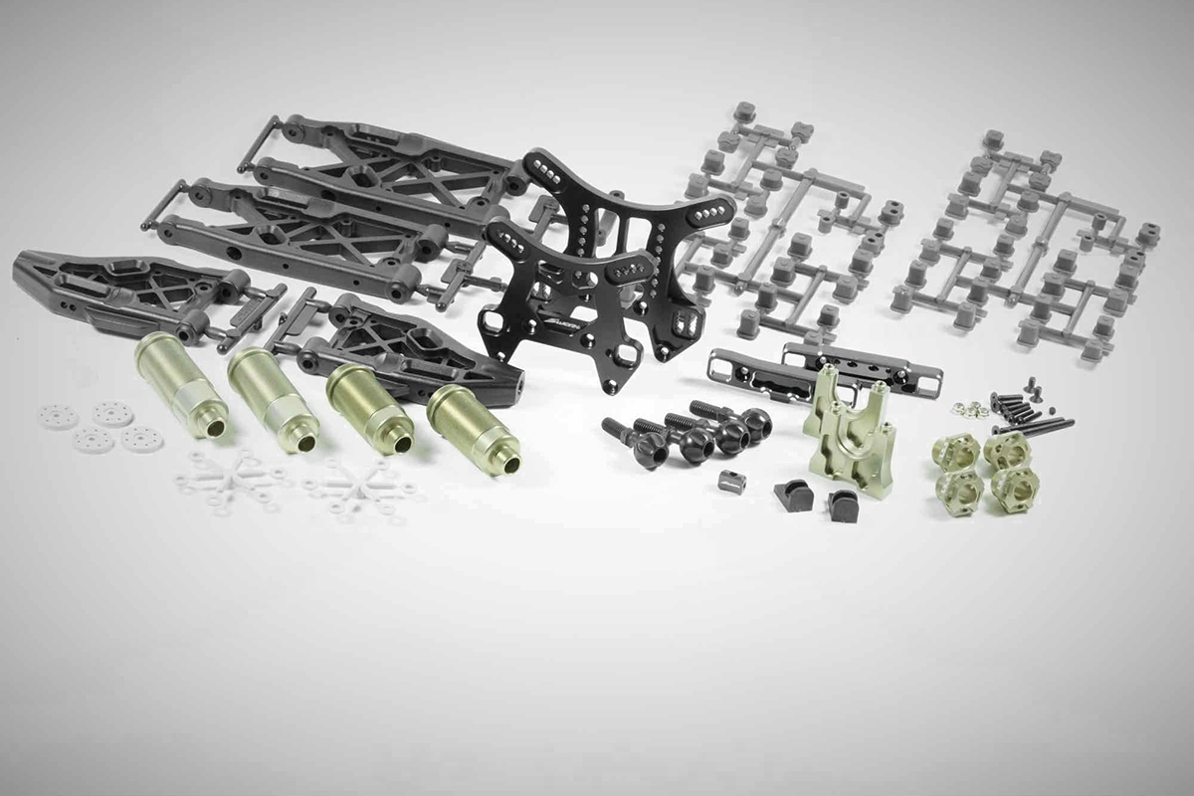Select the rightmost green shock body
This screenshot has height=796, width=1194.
point(472,428)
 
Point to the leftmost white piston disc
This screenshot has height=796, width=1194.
point(57,416)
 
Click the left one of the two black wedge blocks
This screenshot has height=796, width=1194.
point(793,495)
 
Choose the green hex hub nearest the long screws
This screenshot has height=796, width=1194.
point(1007,449)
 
